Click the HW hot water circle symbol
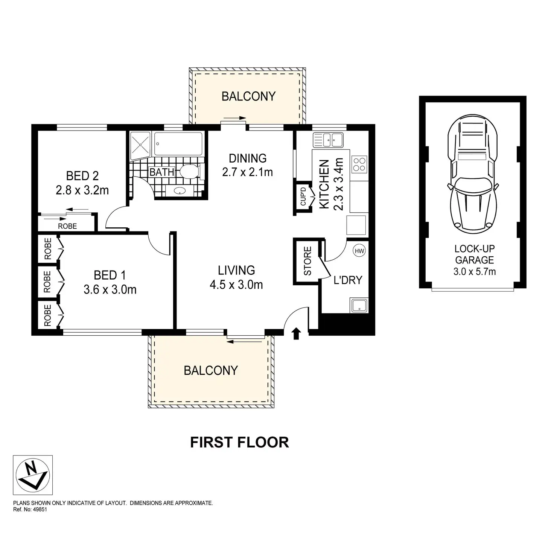pos(359,251)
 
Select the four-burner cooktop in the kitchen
pos(359,164)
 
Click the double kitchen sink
pos(327,140)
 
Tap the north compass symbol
pos(33,475)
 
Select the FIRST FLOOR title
pos(239,442)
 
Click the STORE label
pos(307,261)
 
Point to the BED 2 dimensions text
pos(82,190)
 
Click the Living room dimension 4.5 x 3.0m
pos(236,285)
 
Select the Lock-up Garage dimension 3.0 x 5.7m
pos(474,271)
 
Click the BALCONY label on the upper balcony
pos(248,96)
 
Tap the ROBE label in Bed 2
pos(67,226)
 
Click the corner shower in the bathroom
pos(139,143)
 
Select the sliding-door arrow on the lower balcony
pos(245,342)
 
